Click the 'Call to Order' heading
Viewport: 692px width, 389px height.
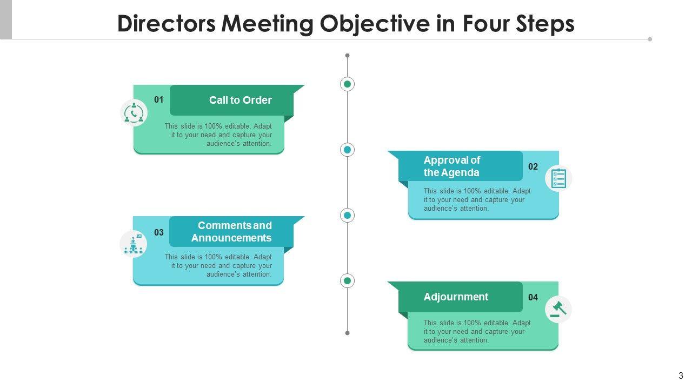click(x=240, y=100)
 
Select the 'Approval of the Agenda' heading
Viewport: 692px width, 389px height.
click(x=451, y=166)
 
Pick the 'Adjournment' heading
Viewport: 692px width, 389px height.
click(x=456, y=297)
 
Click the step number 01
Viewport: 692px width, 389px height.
click(x=158, y=100)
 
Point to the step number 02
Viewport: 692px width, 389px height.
click(x=533, y=167)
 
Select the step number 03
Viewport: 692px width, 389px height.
click(x=158, y=233)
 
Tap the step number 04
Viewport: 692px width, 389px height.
click(x=533, y=298)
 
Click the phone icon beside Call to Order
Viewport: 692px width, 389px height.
click(x=134, y=113)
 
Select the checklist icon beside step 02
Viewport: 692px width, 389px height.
click(x=558, y=178)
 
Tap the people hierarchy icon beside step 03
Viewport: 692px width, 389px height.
click(x=133, y=244)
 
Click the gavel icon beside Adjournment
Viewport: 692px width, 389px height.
click(x=558, y=310)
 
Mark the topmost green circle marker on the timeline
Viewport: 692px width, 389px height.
click(x=347, y=84)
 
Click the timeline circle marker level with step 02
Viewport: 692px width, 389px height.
click(x=347, y=150)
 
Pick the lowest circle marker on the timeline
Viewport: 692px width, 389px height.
click(x=347, y=280)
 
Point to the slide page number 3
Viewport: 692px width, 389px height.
click(x=681, y=376)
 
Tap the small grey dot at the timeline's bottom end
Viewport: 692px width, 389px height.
click(x=347, y=333)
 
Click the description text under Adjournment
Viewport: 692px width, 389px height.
click(x=477, y=332)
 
